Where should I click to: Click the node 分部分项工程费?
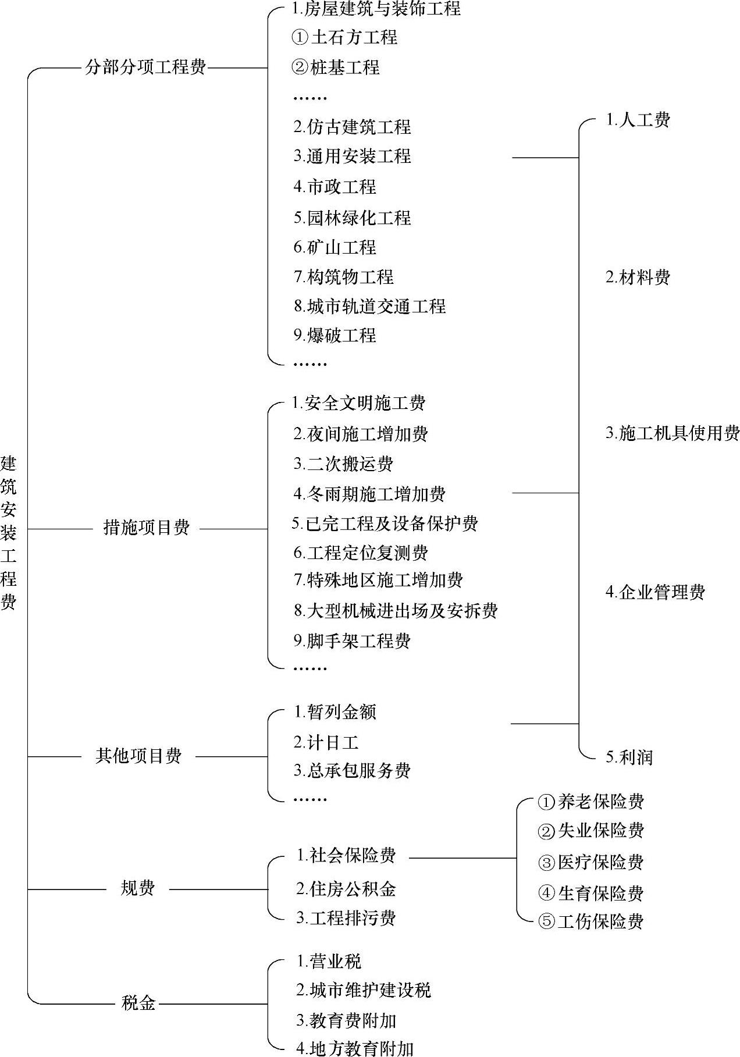point(145,67)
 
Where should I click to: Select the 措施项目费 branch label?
point(147,528)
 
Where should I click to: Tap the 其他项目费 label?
point(138,756)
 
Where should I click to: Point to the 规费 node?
point(138,888)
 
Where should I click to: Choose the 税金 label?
point(138,1003)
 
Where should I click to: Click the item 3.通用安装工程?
point(352,156)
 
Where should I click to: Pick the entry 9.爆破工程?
point(335,335)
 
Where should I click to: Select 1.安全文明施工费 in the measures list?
point(359,403)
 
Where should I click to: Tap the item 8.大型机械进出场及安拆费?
point(396,610)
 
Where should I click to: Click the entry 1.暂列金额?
point(335,711)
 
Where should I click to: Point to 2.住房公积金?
point(346,888)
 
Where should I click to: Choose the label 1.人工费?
point(638,120)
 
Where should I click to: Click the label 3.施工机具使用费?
point(673,433)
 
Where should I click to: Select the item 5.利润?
point(629,757)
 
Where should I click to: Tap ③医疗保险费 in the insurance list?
point(591,862)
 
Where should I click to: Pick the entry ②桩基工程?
point(336,67)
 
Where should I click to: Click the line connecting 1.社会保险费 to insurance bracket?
point(462,857)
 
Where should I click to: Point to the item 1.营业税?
point(329,961)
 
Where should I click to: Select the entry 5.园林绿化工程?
point(352,218)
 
